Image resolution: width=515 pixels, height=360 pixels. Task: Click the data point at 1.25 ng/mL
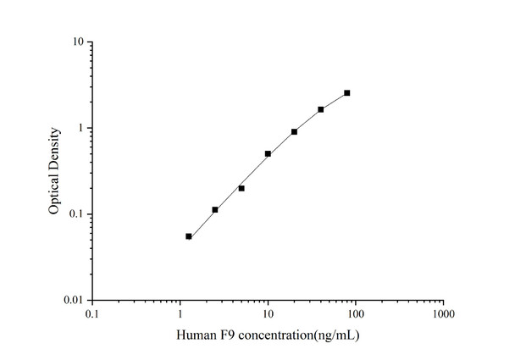point(189,236)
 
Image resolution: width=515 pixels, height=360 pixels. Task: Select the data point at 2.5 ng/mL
point(215,209)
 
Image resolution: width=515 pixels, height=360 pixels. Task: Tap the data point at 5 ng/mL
point(241,188)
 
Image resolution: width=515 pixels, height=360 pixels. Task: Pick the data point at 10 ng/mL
point(268,153)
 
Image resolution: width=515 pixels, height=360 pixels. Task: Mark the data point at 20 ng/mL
point(294,131)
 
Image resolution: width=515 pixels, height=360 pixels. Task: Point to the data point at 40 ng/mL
point(321,109)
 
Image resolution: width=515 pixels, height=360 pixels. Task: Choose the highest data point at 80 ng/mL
point(347,92)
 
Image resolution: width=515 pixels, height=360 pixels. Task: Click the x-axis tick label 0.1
point(92,315)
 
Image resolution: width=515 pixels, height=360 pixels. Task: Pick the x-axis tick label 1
point(180,315)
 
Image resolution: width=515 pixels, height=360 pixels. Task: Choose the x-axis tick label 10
point(268,315)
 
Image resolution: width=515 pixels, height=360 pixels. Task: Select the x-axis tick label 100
point(355,315)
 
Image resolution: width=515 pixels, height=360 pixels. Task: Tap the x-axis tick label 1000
point(443,315)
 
